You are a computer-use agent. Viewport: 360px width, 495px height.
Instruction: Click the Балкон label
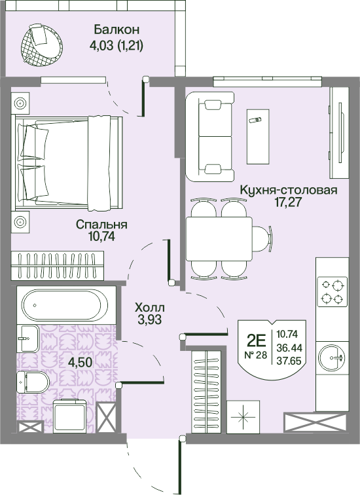(117, 29)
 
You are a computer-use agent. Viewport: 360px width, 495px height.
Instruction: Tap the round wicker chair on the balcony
(42, 45)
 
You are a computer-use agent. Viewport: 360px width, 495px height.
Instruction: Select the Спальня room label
(101, 225)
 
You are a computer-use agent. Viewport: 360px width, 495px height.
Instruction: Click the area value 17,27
(289, 202)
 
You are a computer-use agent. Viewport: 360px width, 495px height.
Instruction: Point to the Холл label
(149, 307)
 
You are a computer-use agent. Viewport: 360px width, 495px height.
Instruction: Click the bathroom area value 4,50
(80, 362)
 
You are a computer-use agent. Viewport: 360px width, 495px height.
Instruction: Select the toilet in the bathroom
(33, 382)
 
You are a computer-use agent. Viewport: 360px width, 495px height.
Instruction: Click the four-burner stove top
(333, 292)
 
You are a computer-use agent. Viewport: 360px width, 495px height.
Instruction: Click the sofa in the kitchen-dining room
(210, 137)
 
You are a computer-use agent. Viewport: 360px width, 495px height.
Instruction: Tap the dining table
(219, 239)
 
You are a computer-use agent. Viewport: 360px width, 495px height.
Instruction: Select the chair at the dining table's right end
(262, 239)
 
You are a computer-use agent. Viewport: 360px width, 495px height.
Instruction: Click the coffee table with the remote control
(258, 137)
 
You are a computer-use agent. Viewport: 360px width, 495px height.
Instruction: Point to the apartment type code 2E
(256, 340)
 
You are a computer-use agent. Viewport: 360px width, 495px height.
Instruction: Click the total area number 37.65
(289, 361)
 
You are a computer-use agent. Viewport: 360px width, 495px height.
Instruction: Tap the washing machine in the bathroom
(70, 416)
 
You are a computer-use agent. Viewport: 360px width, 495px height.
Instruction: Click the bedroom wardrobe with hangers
(58, 266)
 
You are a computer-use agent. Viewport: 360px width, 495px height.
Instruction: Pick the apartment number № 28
(256, 355)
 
